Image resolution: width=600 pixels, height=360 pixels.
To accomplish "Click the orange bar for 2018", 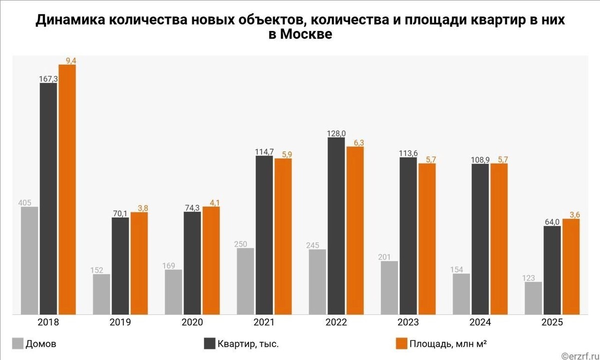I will [67, 190].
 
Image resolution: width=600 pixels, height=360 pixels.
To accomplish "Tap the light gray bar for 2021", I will [245, 281].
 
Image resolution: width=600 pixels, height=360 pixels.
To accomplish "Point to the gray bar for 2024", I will [461, 294].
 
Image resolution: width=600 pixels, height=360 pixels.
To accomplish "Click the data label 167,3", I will [48, 78].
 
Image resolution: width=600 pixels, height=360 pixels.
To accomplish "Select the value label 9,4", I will [67, 60].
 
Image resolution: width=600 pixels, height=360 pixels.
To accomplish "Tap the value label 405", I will [24, 202].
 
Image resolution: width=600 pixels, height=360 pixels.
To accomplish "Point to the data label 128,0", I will [336, 133].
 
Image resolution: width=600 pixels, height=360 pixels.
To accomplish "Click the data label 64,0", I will [552, 221].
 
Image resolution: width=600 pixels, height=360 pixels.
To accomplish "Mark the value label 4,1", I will [210, 202].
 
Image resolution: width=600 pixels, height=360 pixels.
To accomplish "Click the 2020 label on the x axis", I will [192, 322].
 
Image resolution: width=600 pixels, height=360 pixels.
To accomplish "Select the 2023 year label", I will [408, 322].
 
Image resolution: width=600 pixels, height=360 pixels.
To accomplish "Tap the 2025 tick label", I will [552, 322].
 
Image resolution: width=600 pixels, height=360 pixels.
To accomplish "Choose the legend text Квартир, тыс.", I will [248, 344].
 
